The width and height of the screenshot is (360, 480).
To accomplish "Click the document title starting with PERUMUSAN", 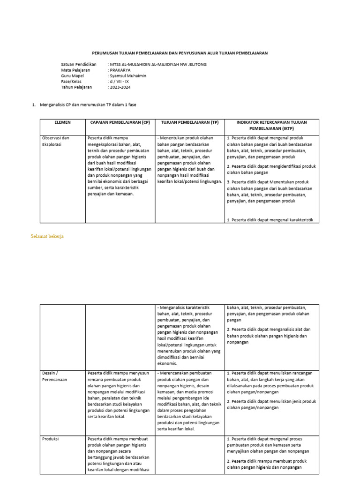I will click(179, 53).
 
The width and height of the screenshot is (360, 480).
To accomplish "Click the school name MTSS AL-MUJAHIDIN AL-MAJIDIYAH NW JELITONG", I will click(157, 64).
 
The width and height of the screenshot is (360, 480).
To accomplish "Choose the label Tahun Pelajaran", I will click(76, 87).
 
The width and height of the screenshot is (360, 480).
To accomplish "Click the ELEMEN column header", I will click(62, 122).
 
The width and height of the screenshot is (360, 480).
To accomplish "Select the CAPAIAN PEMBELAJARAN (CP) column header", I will click(120, 122).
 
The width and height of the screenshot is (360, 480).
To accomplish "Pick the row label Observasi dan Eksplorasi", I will click(56, 141).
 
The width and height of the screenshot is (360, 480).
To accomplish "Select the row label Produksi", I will click(51, 439).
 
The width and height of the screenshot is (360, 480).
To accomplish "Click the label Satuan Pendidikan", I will click(78, 64).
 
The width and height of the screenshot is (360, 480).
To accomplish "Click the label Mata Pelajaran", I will click(76, 70).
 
